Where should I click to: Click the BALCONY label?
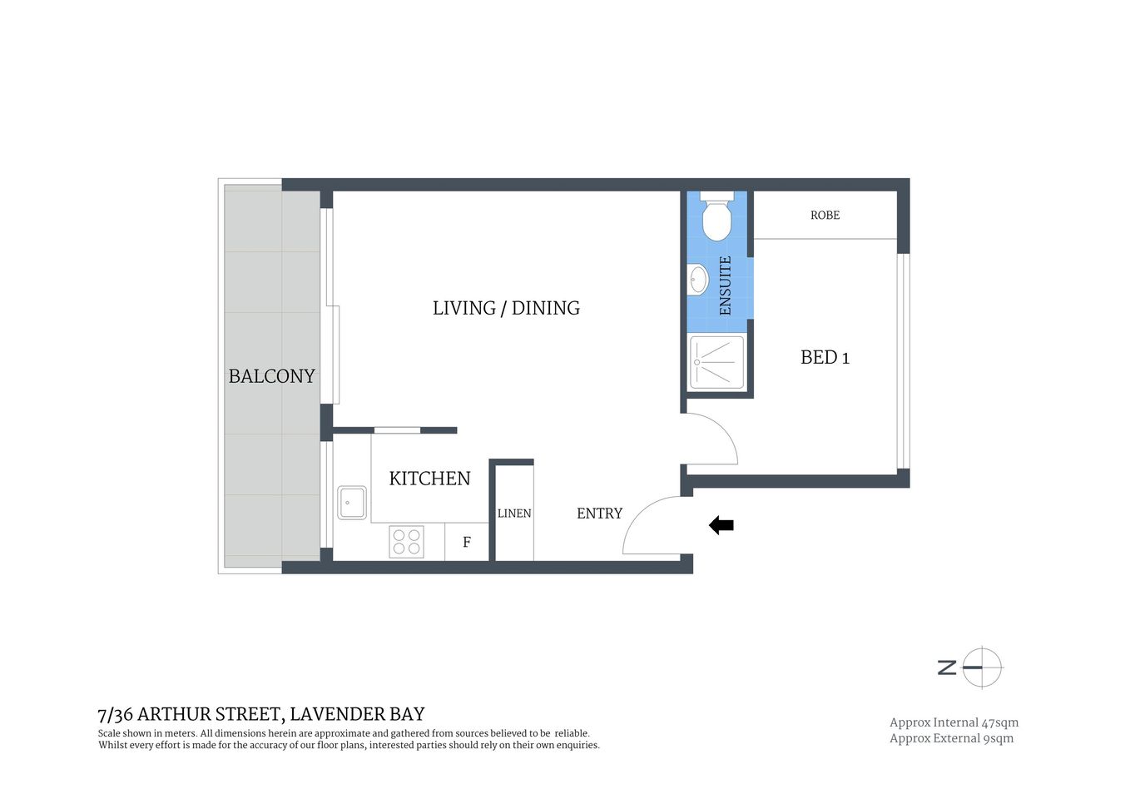click(x=271, y=376)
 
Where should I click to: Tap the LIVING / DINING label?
click(x=506, y=308)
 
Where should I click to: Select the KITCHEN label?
click(x=429, y=479)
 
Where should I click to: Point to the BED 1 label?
click(x=825, y=358)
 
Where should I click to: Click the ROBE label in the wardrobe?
click(x=825, y=216)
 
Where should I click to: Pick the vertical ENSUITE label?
click(x=725, y=285)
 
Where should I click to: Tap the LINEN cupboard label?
click(x=513, y=514)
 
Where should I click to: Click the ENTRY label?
click(x=599, y=514)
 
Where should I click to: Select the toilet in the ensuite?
click(x=716, y=218)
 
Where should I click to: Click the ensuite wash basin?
click(x=697, y=279)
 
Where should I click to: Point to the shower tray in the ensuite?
click(x=716, y=362)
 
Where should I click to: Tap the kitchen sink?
click(x=352, y=503)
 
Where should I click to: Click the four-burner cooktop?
click(x=406, y=542)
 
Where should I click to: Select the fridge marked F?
click(x=467, y=543)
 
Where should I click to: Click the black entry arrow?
click(x=721, y=525)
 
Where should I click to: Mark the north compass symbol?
click(x=971, y=667)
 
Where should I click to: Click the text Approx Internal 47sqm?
click(x=954, y=722)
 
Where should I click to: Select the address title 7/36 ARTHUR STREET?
click(x=260, y=714)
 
